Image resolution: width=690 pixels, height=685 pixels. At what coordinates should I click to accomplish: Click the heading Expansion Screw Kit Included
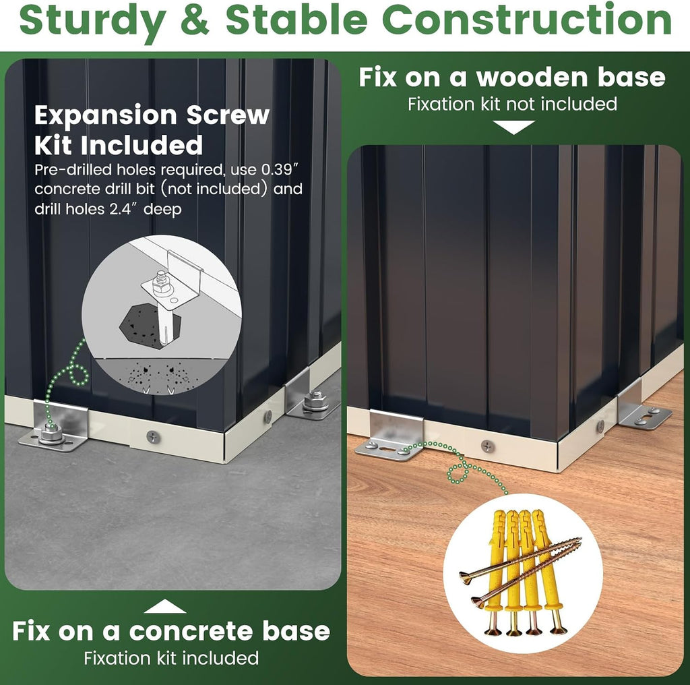[x=152, y=130]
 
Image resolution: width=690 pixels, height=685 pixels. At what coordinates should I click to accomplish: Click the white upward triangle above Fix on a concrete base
[x=164, y=606]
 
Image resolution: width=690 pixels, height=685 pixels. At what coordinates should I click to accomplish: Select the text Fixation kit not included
[x=512, y=104]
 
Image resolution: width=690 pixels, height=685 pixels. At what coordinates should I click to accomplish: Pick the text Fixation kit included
[x=171, y=658]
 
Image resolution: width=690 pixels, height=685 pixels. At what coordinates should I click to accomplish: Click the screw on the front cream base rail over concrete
[x=153, y=437]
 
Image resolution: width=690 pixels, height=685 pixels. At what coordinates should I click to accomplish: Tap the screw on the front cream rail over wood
[x=488, y=446]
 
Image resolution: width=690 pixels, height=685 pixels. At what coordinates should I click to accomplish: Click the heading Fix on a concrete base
[x=171, y=631]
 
